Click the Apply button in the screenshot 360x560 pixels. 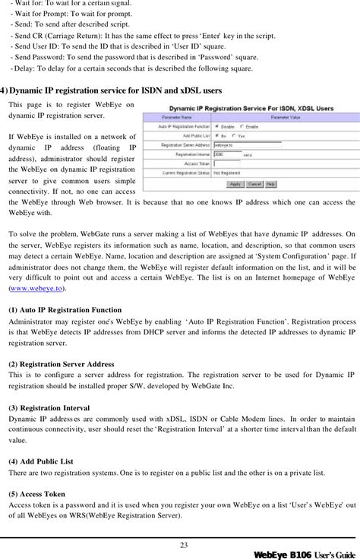pyautogui.click(x=235, y=183)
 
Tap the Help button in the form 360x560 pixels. pyautogui.click(x=271, y=183)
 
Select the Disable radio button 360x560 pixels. pyautogui.click(x=242, y=126)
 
